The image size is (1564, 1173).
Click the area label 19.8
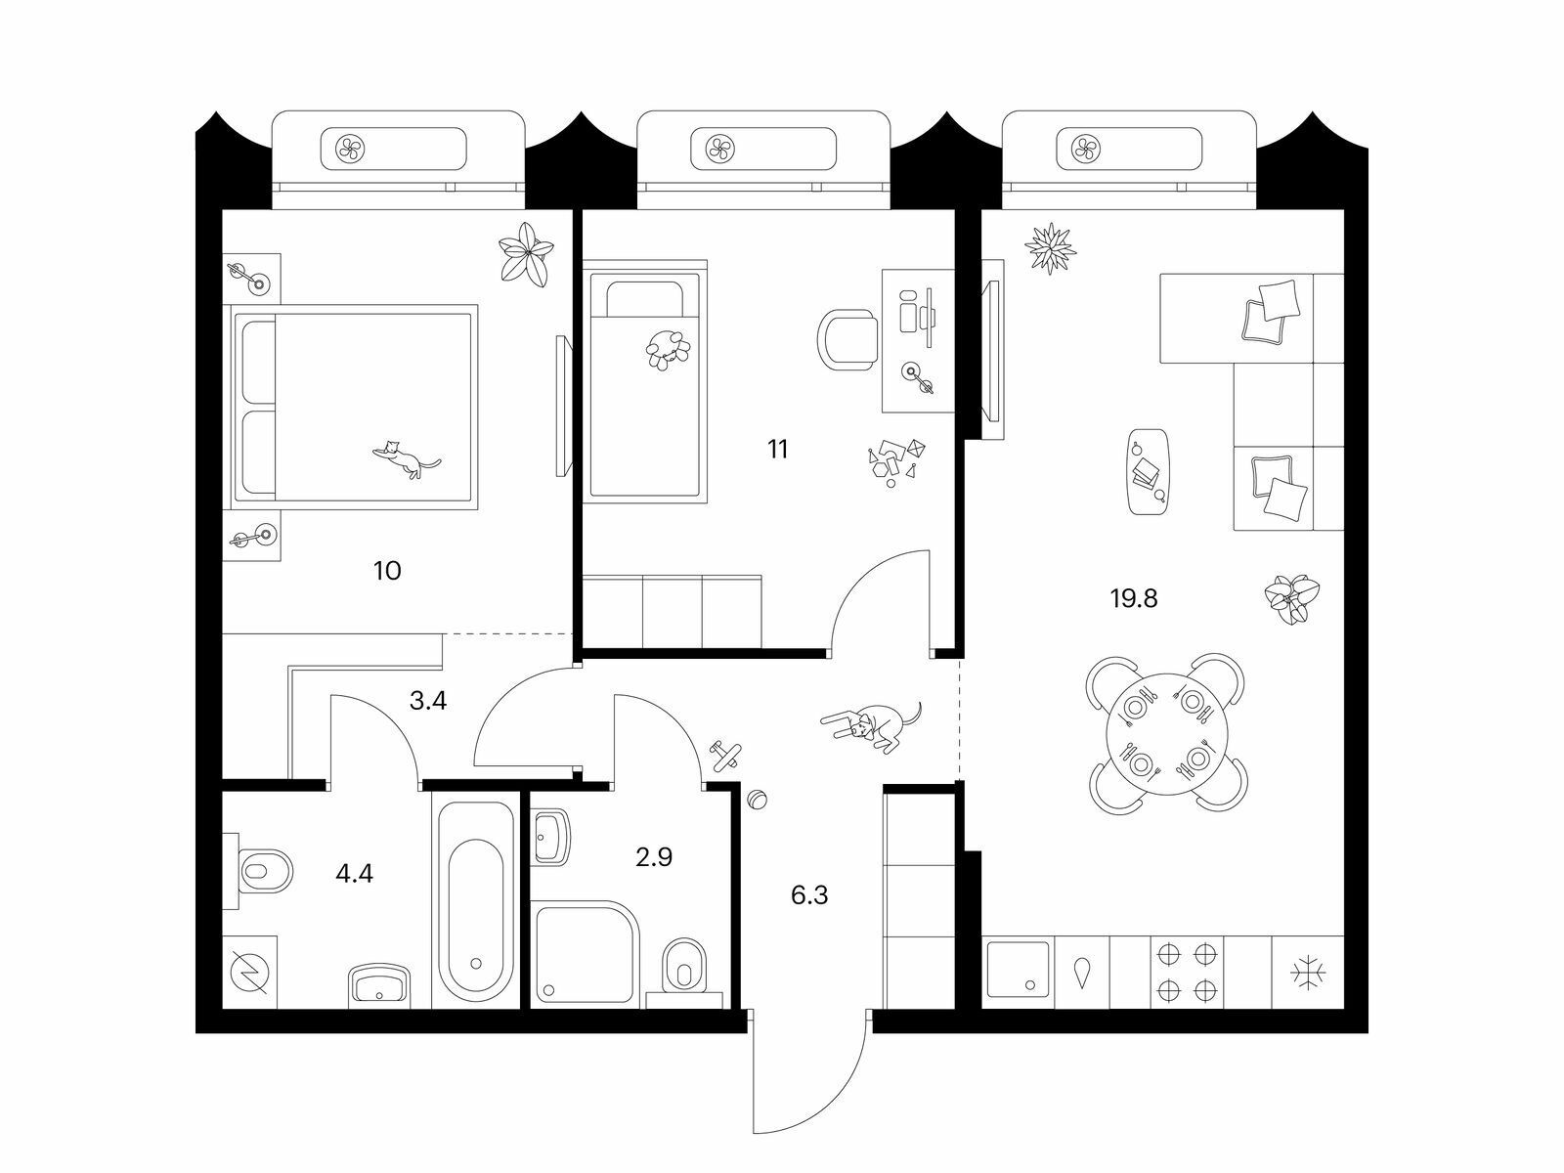pyautogui.click(x=1134, y=598)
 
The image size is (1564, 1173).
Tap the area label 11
pyautogui.click(x=777, y=450)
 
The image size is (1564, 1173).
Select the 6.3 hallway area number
pyautogui.click(x=809, y=895)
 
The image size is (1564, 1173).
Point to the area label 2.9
pyautogui.click(x=654, y=857)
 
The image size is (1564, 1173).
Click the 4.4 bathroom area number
pyautogui.click(x=354, y=873)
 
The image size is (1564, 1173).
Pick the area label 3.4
pyautogui.click(x=428, y=701)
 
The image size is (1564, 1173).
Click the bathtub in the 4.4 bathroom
pyautogui.click(x=476, y=901)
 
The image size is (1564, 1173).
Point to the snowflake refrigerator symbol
pyautogui.click(x=1308, y=973)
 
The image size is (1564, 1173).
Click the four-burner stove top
pyautogui.click(x=1187, y=973)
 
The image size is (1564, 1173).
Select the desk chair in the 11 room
pyautogui.click(x=847, y=339)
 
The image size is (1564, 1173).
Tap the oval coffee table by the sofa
pyautogui.click(x=1149, y=471)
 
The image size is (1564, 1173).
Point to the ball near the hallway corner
pyautogui.click(x=757, y=800)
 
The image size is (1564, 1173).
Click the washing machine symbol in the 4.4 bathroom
pyautogui.click(x=250, y=973)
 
